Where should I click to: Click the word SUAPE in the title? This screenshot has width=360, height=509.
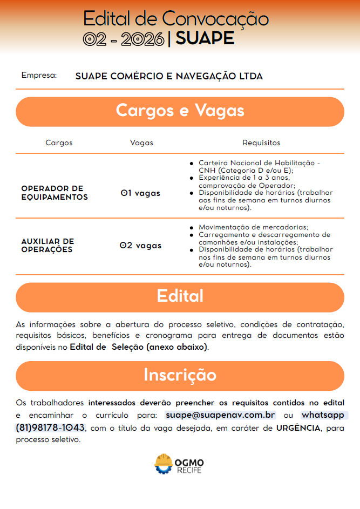pyautogui.click(x=205, y=39)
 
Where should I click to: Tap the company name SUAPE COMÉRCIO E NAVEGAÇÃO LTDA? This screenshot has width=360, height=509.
pyautogui.click(x=169, y=76)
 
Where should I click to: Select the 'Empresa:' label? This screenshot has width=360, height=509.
pyautogui.click(x=39, y=76)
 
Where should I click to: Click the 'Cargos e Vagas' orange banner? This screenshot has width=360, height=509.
pyautogui.click(x=180, y=111)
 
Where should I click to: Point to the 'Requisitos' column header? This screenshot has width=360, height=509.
pyautogui.click(x=261, y=143)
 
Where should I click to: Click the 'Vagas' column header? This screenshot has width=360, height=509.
pyautogui.click(x=141, y=143)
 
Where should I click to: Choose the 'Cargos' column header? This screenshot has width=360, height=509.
pyautogui.click(x=59, y=143)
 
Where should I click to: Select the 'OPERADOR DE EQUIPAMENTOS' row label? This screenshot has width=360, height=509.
pyautogui.click(x=55, y=193)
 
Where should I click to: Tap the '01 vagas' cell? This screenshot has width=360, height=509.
pyautogui.click(x=140, y=193)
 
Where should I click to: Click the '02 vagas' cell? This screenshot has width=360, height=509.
pyautogui.click(x=140, y=246)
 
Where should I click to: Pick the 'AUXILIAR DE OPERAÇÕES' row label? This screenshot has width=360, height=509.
pyautogui.click(x=47, y=246)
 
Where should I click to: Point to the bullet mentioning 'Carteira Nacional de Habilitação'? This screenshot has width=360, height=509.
pyautogui.click(x=259, y=166)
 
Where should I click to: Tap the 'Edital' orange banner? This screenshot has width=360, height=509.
pyautogui.click(x=180, y=296)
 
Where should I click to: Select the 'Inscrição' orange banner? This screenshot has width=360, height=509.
pyautogui.click(x=180, y=375)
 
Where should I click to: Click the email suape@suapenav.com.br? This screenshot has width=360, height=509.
pyautogui.click(x=220, y=416)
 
